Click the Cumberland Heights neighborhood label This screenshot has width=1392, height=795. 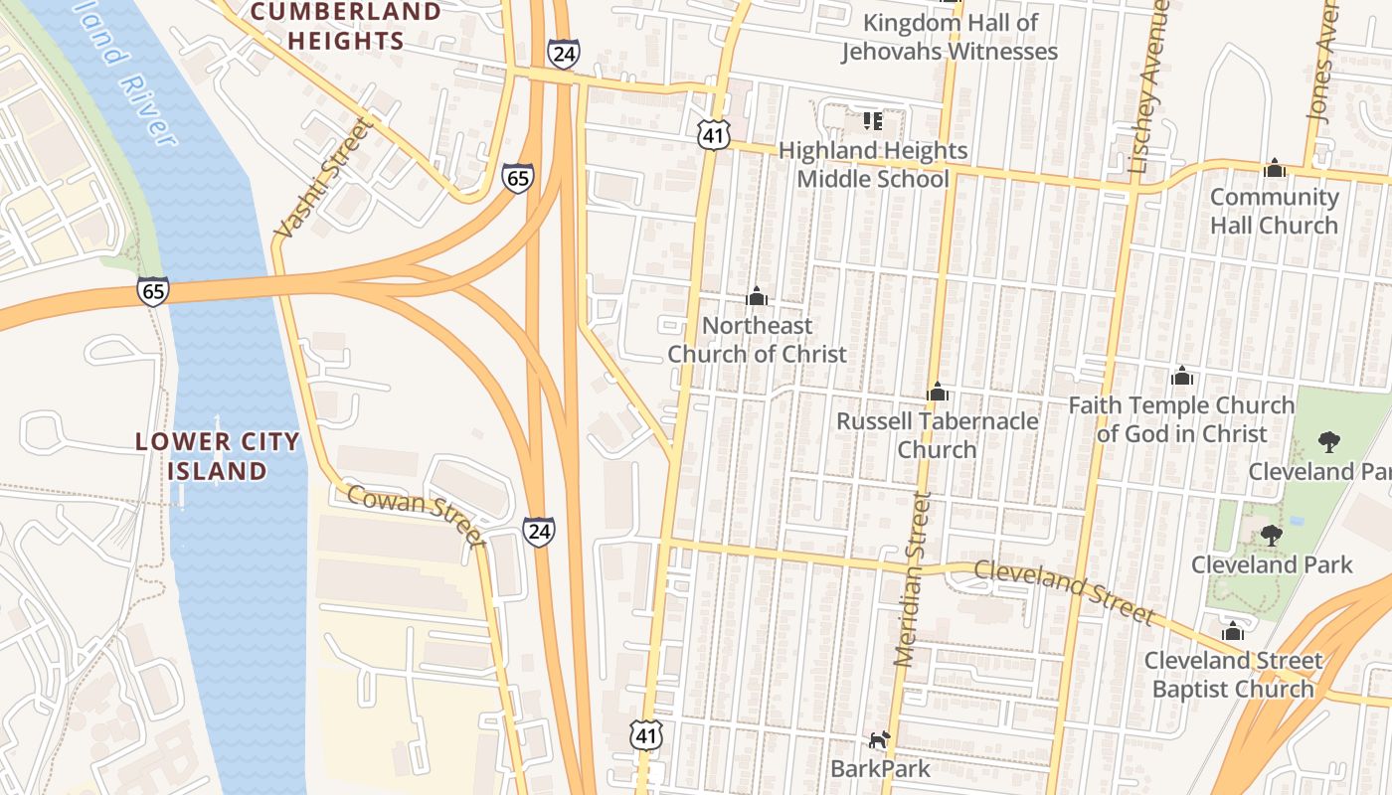[345, 27]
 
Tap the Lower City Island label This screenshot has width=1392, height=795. [217, 456]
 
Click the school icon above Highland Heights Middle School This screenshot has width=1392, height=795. [873, 121]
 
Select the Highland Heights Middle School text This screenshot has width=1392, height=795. [872, 165]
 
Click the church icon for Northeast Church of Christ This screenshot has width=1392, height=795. [757, 296]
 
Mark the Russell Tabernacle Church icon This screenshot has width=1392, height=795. [937, 392]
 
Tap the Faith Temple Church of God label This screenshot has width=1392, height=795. [1181, 419]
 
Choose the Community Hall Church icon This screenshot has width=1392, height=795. [1275, 168]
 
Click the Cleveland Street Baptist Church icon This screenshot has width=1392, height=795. [1233, 631]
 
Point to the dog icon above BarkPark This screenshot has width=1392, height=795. [879, 739]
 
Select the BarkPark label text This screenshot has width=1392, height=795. [881, 768]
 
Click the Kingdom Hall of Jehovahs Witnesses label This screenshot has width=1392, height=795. [950, 37]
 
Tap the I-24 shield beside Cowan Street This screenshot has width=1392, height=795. [538, 532]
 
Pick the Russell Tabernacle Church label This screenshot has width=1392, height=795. [937, 435]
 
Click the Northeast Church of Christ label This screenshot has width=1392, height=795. [757, 340]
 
